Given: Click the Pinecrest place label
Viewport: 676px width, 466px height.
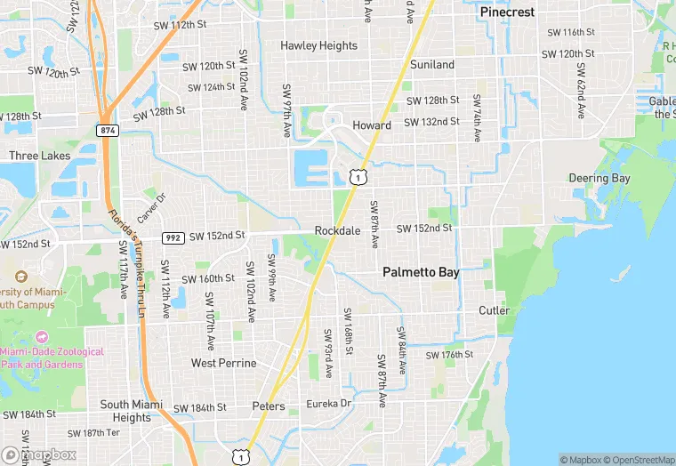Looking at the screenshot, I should (507, 12).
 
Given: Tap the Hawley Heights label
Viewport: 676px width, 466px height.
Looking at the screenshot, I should (318, 45).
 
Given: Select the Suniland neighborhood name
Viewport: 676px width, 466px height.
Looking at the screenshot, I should (432, 65).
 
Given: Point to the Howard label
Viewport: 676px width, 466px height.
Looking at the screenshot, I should (371, 125).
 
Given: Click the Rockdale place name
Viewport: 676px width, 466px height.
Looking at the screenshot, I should (337, 230).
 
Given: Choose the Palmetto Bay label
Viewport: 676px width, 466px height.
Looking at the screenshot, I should (421, 273).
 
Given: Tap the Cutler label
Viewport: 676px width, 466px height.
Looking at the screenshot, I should (495, 310).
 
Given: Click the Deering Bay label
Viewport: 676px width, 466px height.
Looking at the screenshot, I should (600, 178).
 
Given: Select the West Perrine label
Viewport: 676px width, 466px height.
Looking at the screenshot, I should (224, 363).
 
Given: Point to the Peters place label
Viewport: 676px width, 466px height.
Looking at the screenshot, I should (269, 406).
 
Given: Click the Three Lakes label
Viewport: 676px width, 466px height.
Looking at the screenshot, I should (39, 156).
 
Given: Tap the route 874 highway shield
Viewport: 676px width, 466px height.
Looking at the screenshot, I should (108, 130).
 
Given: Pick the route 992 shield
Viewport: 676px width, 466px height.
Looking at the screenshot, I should (173, 237).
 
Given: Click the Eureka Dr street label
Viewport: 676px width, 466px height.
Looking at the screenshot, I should (330, 403).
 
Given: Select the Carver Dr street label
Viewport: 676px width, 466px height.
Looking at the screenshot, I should (151, 208).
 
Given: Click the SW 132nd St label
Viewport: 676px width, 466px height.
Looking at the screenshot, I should (432, 122).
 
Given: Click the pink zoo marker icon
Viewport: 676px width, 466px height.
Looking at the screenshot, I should (41, 339).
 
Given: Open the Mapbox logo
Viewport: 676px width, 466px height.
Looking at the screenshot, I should (39, 454).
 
